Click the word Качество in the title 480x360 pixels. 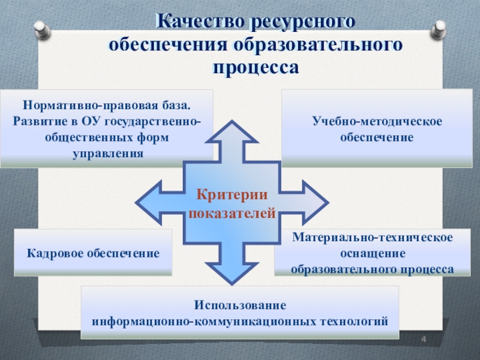pos(200,21)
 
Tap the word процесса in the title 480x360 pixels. pos(256,67)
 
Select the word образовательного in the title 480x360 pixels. pos(318,44)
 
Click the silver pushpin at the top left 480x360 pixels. pos(42,29)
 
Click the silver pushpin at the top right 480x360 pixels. pos(438,29)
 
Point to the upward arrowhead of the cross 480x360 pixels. pos(232,132)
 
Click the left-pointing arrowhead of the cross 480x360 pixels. pos(148,202)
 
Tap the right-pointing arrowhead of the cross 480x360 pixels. pos(316,202)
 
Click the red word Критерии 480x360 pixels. pos(232,194)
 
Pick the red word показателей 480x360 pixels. pos(232,213)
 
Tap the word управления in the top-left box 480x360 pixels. pos(108,153)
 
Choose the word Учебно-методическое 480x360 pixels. pos(377,121)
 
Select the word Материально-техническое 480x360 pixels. pos(372,237)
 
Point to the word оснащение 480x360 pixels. pos(373,253)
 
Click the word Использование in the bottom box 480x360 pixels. pos(240,305)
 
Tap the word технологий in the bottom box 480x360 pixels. pos(354,322)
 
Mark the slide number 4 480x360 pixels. pos(424,339)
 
